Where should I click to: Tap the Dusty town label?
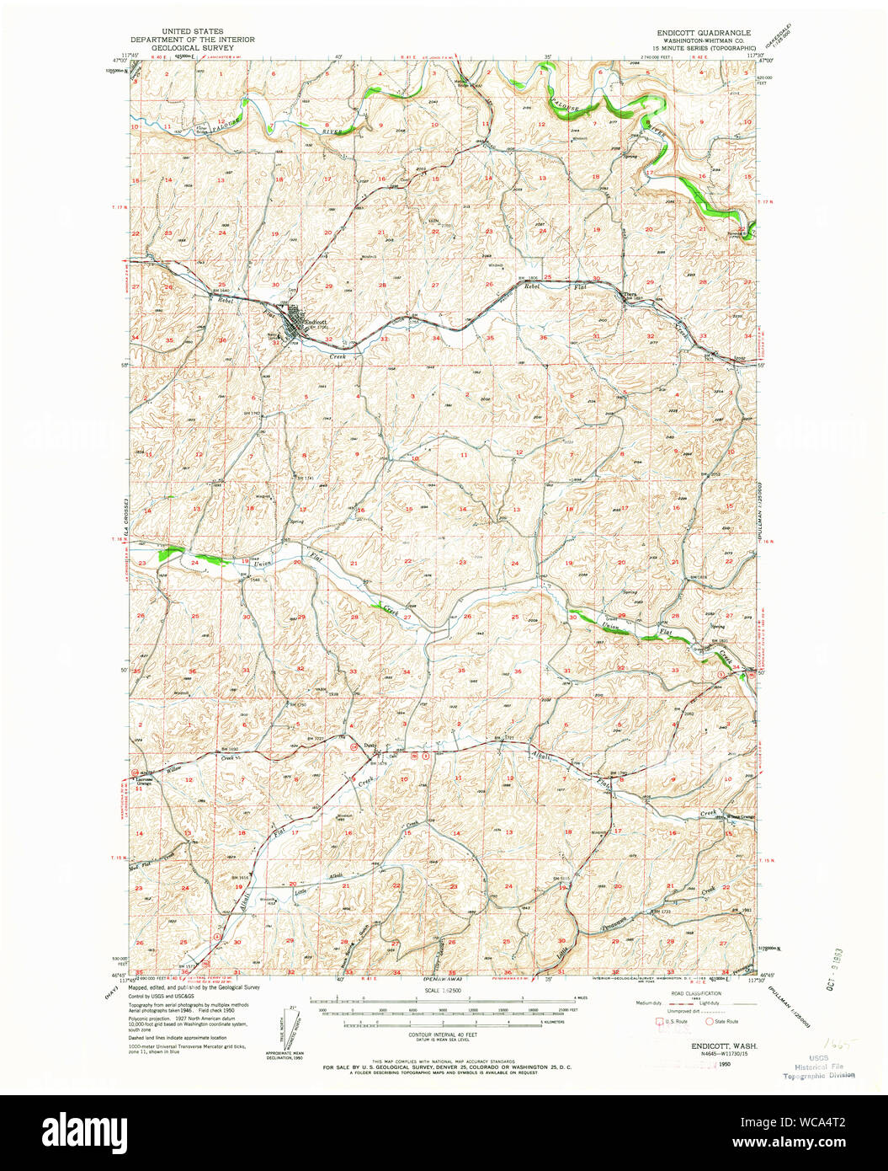click(370, 745)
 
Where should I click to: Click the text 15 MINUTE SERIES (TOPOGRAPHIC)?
click(704, 48)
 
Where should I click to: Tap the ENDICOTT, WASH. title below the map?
click(717, 1045)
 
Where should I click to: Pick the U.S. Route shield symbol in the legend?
click(659, 1022)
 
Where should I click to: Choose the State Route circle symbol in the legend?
click(710, 1022)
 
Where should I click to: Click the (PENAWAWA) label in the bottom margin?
click(444, 980)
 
